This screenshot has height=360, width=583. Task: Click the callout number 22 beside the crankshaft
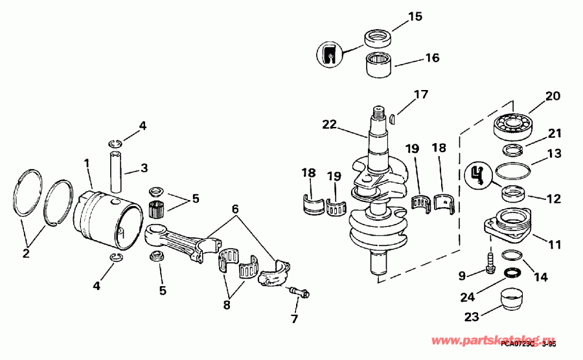tap(329, 124)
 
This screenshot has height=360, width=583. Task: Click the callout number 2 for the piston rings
tap(26, 254)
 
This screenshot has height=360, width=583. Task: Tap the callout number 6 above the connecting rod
tap(235, 209)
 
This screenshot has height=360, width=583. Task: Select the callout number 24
tap(467, 297)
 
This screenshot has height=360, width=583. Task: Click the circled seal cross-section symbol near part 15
tap(330, 54)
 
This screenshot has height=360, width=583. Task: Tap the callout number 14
tap(540, 276)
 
